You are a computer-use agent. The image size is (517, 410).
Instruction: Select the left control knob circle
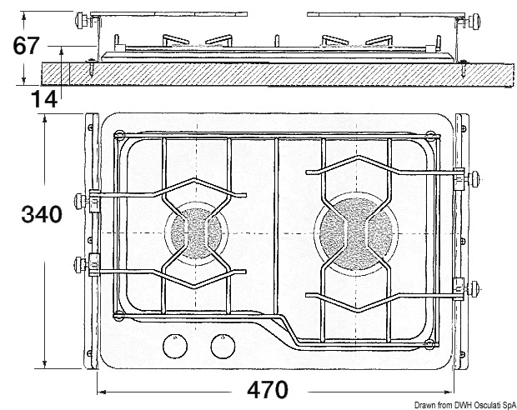coord(176,343)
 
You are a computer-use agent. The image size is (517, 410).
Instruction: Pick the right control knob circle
coord(223,343)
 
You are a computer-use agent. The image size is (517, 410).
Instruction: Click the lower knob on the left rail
coord(83,266)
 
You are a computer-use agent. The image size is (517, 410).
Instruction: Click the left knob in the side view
coord(82,19)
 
